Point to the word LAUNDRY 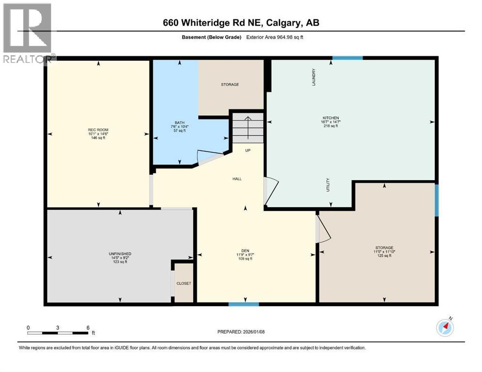pos(314,77)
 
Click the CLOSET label pos(184,283)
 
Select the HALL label pos(237,179)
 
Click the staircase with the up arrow pos(247,128)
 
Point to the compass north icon pos(445,327)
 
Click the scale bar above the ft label pos(58,333)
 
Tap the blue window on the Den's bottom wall pos(244,304)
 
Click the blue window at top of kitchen pos(348,58)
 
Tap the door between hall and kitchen pos(270,190)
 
